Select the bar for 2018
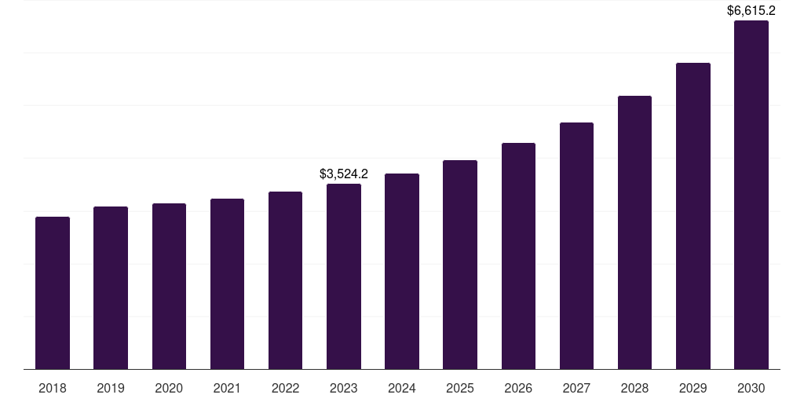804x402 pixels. coord(53,293)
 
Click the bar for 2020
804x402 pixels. coord(169,286)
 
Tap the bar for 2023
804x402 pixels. coord(344,276)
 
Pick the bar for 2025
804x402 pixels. coord(460,265)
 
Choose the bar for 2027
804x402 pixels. coord(576,246)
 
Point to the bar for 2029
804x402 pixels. coord(693,216)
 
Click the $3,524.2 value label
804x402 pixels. coord(344,174)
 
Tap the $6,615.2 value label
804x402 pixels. coord(751,10)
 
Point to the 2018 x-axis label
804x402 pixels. coord(53,388)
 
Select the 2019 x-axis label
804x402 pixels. coord(111,388)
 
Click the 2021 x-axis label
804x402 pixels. coord(227,388)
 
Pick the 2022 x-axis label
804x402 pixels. coord(286,388)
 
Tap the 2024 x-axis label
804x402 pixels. coord(402,388)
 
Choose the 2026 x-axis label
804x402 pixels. coord(518,388)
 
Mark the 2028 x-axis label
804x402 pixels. coord(634,388)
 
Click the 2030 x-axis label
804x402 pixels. coord(751,388)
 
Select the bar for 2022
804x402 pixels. coord(286,280)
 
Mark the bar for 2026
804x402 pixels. coord(518,256)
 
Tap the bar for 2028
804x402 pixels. coord(634,232)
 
